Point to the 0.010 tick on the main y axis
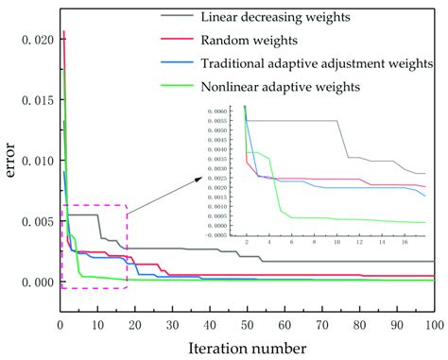[40, 161]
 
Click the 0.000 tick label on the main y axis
[40, 283]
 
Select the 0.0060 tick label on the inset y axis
[229, 111]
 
